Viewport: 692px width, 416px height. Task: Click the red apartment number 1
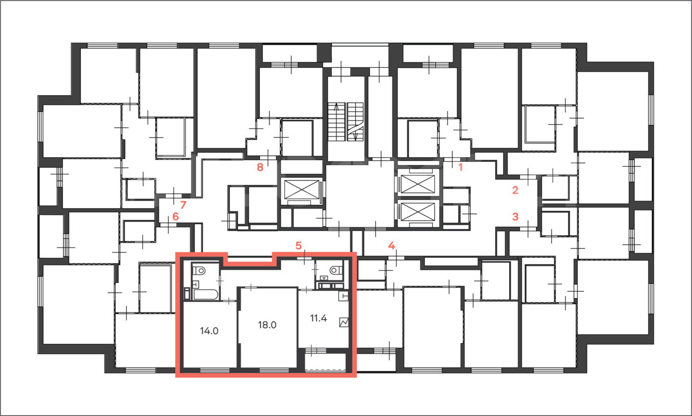pyautogui.click(x=460, y=167)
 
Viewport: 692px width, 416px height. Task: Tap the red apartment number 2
pyautogui.click(x=515, y=190)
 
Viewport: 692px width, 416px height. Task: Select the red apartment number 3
pyautogui.click(x=515, y=216)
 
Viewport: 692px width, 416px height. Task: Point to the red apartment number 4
pyautogui.click(x=392, y=246)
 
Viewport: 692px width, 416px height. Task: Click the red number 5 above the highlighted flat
pyautogui.click(x=298, y=246)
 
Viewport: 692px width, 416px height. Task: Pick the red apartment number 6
pyautogui.click(x=175, y=216)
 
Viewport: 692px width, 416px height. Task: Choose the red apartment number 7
pyautogui.click(x=183, y=204)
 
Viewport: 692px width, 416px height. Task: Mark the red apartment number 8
pyautogui.click(x=260, y=167)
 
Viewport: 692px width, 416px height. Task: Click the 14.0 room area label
pyautogui.click(x=209, y=331)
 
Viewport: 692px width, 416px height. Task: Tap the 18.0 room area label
pyautogui.click(x=267, y=325)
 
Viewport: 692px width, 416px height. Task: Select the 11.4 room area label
pyautogui.click(x=319, y=318)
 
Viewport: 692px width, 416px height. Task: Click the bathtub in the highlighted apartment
pyautogui.click(x=206, y=294)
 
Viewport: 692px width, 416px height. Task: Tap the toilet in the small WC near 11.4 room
pyautogui.click(x=336, y=270)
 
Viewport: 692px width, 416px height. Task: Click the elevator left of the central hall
pyautogui.click(x=301, y=190)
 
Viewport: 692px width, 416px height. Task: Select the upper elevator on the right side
pyautogui.click(x=418, y=184)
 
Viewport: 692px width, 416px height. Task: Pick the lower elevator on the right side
pyautogui.click(x=418, y=212)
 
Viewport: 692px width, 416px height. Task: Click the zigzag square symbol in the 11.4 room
pyautogui.click(x=344, y=322)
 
